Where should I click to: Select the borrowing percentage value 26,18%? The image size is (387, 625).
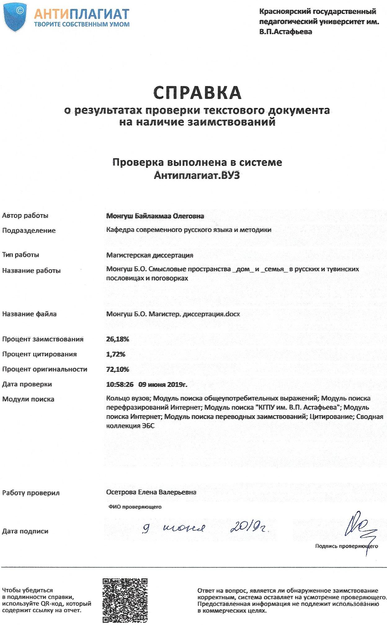point(118,339)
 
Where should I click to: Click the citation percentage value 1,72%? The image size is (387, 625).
point(116,354)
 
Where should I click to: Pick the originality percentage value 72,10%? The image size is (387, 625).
point(118,369)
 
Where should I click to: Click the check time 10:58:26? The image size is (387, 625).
point(120,384)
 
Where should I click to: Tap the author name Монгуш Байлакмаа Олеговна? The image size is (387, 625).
point(155,216)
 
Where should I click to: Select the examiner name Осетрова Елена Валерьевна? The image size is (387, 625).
point(151,492)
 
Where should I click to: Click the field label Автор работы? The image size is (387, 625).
point(25,216)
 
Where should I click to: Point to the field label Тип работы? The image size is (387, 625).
point(21,255)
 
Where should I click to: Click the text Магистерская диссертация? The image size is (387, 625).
point(149,255)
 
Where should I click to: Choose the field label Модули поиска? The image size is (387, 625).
point(28,399)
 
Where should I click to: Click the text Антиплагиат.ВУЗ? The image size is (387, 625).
point(197,175)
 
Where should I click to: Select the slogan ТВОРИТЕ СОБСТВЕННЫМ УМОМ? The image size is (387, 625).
point(82,25)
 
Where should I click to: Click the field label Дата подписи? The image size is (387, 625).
point(25,531)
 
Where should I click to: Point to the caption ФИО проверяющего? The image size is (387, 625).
point(135,507)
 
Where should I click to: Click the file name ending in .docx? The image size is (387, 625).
point(173,314)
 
